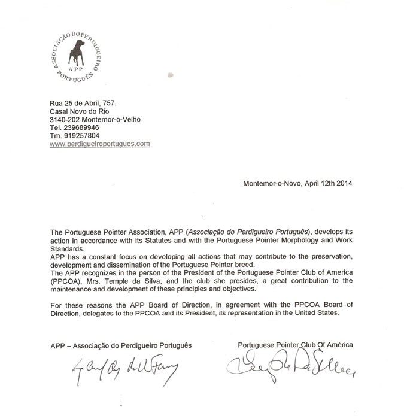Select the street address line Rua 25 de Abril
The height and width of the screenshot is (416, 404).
(82, 103)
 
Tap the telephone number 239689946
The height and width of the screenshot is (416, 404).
(81, 127)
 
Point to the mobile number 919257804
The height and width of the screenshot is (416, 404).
(82, 136)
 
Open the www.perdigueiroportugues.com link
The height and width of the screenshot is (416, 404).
(99, 144)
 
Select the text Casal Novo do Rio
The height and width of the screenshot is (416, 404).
(78, 111)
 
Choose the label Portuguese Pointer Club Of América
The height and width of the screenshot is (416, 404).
(295, 345)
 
